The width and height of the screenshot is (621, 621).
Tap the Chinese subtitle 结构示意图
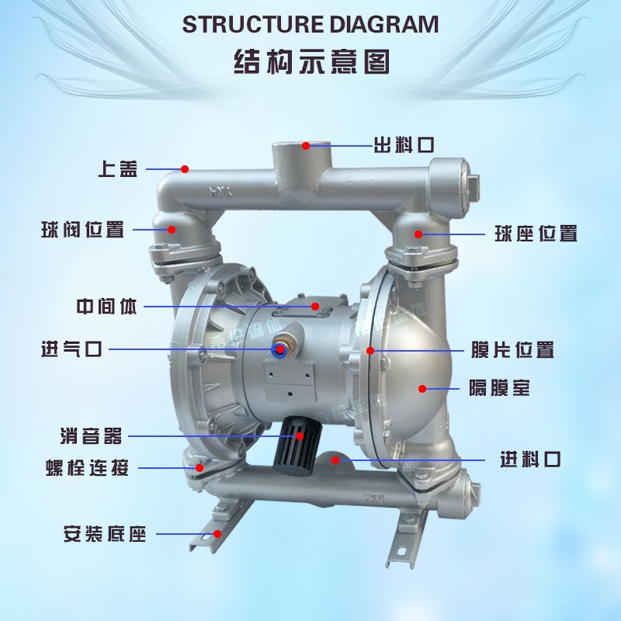(310, 61)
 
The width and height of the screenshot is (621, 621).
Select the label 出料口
(403, 145)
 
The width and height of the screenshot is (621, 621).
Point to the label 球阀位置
(83, 230)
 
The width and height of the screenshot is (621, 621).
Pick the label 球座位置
(536, 233)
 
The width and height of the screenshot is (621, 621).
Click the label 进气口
(71, 349)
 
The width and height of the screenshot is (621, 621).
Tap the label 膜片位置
(512, 350)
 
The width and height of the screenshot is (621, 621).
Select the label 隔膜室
(500, 387)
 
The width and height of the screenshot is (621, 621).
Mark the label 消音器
(92, 435)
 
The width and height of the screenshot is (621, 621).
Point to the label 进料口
(530, 460)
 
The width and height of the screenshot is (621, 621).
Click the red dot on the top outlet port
(306, 145)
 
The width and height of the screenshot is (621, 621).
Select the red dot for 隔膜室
(422, 387)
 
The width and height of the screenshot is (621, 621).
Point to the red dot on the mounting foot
(217, 533)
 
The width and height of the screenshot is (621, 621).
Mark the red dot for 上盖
(185, 168)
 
